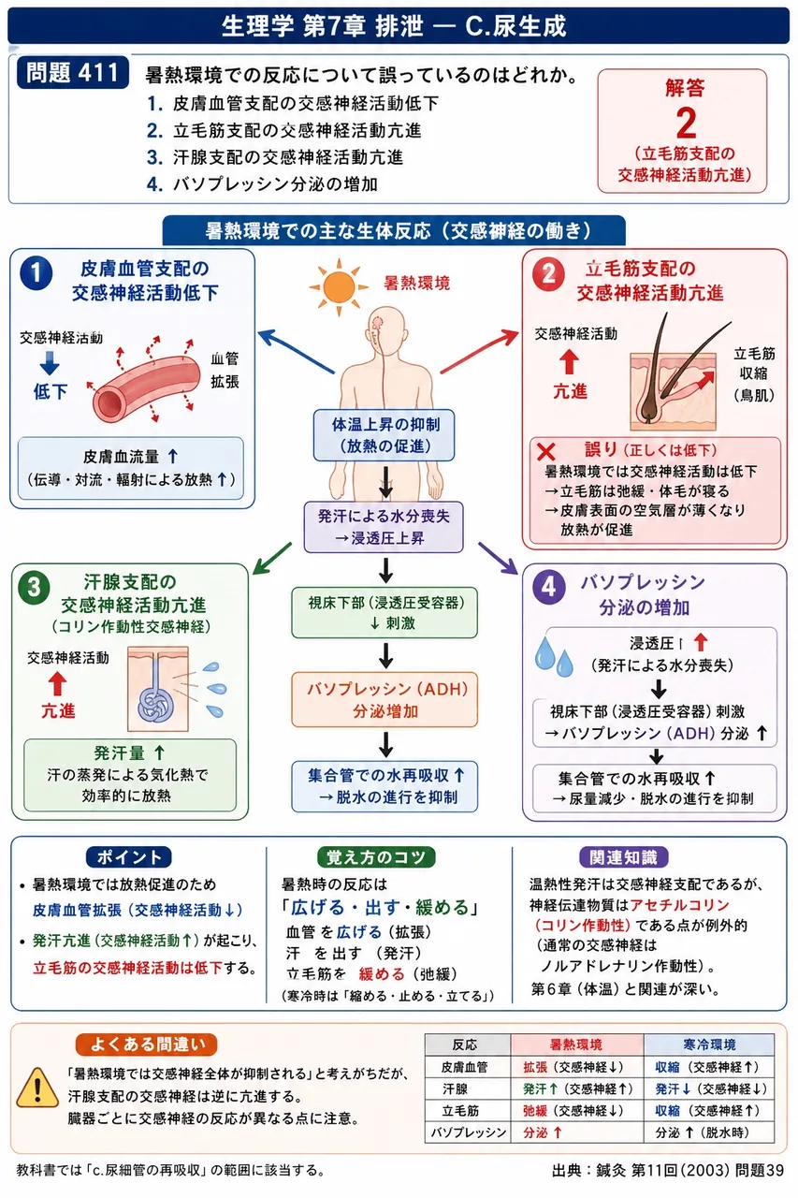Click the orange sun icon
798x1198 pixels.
[339, 287]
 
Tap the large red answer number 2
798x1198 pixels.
[686, 123]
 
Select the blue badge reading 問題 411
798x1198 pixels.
[72, 72]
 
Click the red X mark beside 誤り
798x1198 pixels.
[545, 452]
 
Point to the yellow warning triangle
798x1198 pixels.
[37, 1087]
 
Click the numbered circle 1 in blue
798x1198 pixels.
[36, 272]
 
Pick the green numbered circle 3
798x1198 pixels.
[34, 587]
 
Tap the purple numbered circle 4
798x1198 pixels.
[549, 587]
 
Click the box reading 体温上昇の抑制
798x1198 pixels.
[384, 435]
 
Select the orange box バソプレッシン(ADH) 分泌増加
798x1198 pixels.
[384, 699]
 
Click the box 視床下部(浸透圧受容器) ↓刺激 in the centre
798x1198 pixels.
[384, 612]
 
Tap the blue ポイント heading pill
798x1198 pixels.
[129, 857]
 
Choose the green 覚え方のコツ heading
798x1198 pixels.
[376, 857]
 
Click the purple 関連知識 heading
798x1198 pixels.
[624, 857]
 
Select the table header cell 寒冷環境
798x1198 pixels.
[709, 1045]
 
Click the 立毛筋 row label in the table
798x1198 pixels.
[460, 1111]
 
